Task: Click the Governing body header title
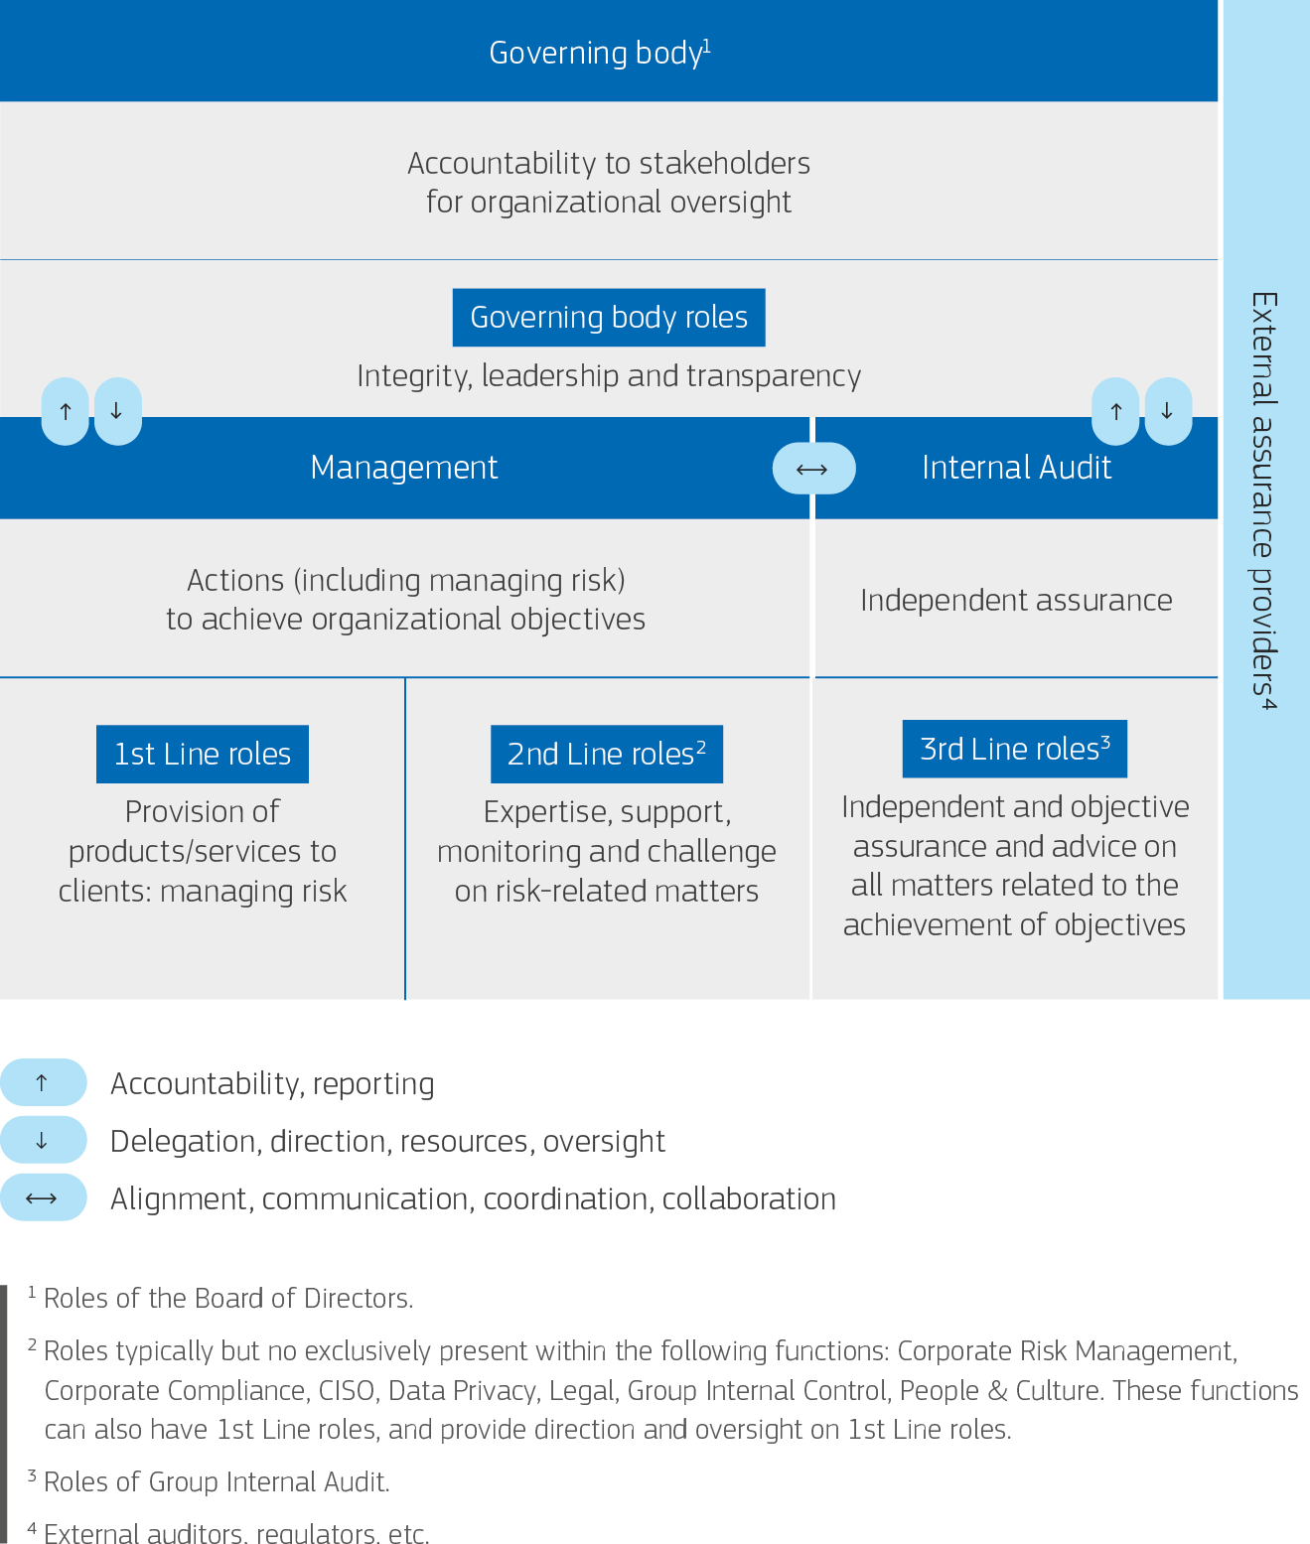coord(599,53)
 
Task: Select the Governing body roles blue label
coord(608,318)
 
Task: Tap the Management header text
coord(403,468)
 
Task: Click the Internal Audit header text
coord(1016,468)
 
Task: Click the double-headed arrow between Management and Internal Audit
coord(812,469)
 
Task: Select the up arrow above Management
coord(66,411)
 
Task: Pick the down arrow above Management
coord(117,411)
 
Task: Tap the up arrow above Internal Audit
coord(1116,411)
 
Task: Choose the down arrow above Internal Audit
coord(1168,411)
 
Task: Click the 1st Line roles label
coord(203,755)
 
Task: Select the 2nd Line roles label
coord(606,755)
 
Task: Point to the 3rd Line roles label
coord(1014,749)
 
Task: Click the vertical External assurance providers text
coord(1263,500)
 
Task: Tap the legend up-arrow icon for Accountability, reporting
coord(43,1082)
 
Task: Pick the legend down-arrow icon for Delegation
coord(43,1140)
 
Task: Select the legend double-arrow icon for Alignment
coord(43,1198)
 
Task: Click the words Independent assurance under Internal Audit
coord(1016,601)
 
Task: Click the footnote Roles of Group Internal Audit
coord(217,1482)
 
